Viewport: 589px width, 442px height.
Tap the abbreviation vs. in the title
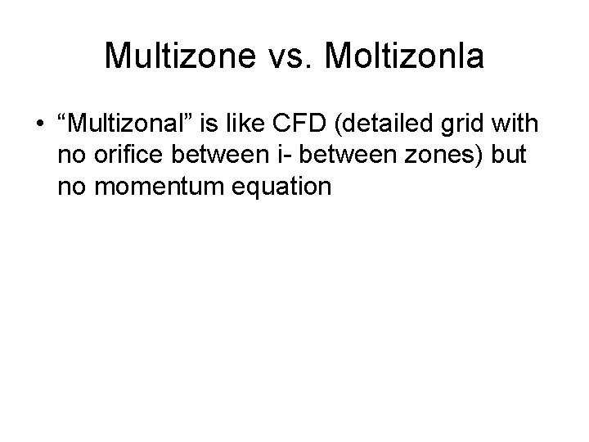pos(283,56)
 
